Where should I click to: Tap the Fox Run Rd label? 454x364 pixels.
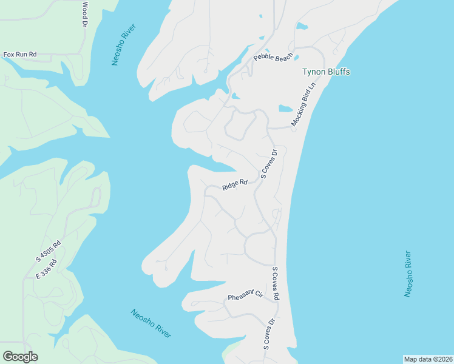point(20,55)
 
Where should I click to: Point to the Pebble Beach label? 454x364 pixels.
point(273,58)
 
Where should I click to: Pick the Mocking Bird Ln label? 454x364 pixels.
point(304,104)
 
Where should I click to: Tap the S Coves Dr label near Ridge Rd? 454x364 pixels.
point(268,164)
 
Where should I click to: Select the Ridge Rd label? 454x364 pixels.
point(235,184)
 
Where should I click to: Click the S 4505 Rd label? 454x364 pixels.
point(49,252)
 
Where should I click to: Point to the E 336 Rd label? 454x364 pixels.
point(46,269)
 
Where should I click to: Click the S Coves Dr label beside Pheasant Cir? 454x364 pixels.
point(269,334)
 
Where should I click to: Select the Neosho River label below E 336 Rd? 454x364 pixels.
point(151,323)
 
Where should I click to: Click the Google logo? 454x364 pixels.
point(20,357)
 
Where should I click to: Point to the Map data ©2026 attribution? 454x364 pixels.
point(428,359)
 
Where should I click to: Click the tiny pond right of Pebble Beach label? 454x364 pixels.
point(296,57)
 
